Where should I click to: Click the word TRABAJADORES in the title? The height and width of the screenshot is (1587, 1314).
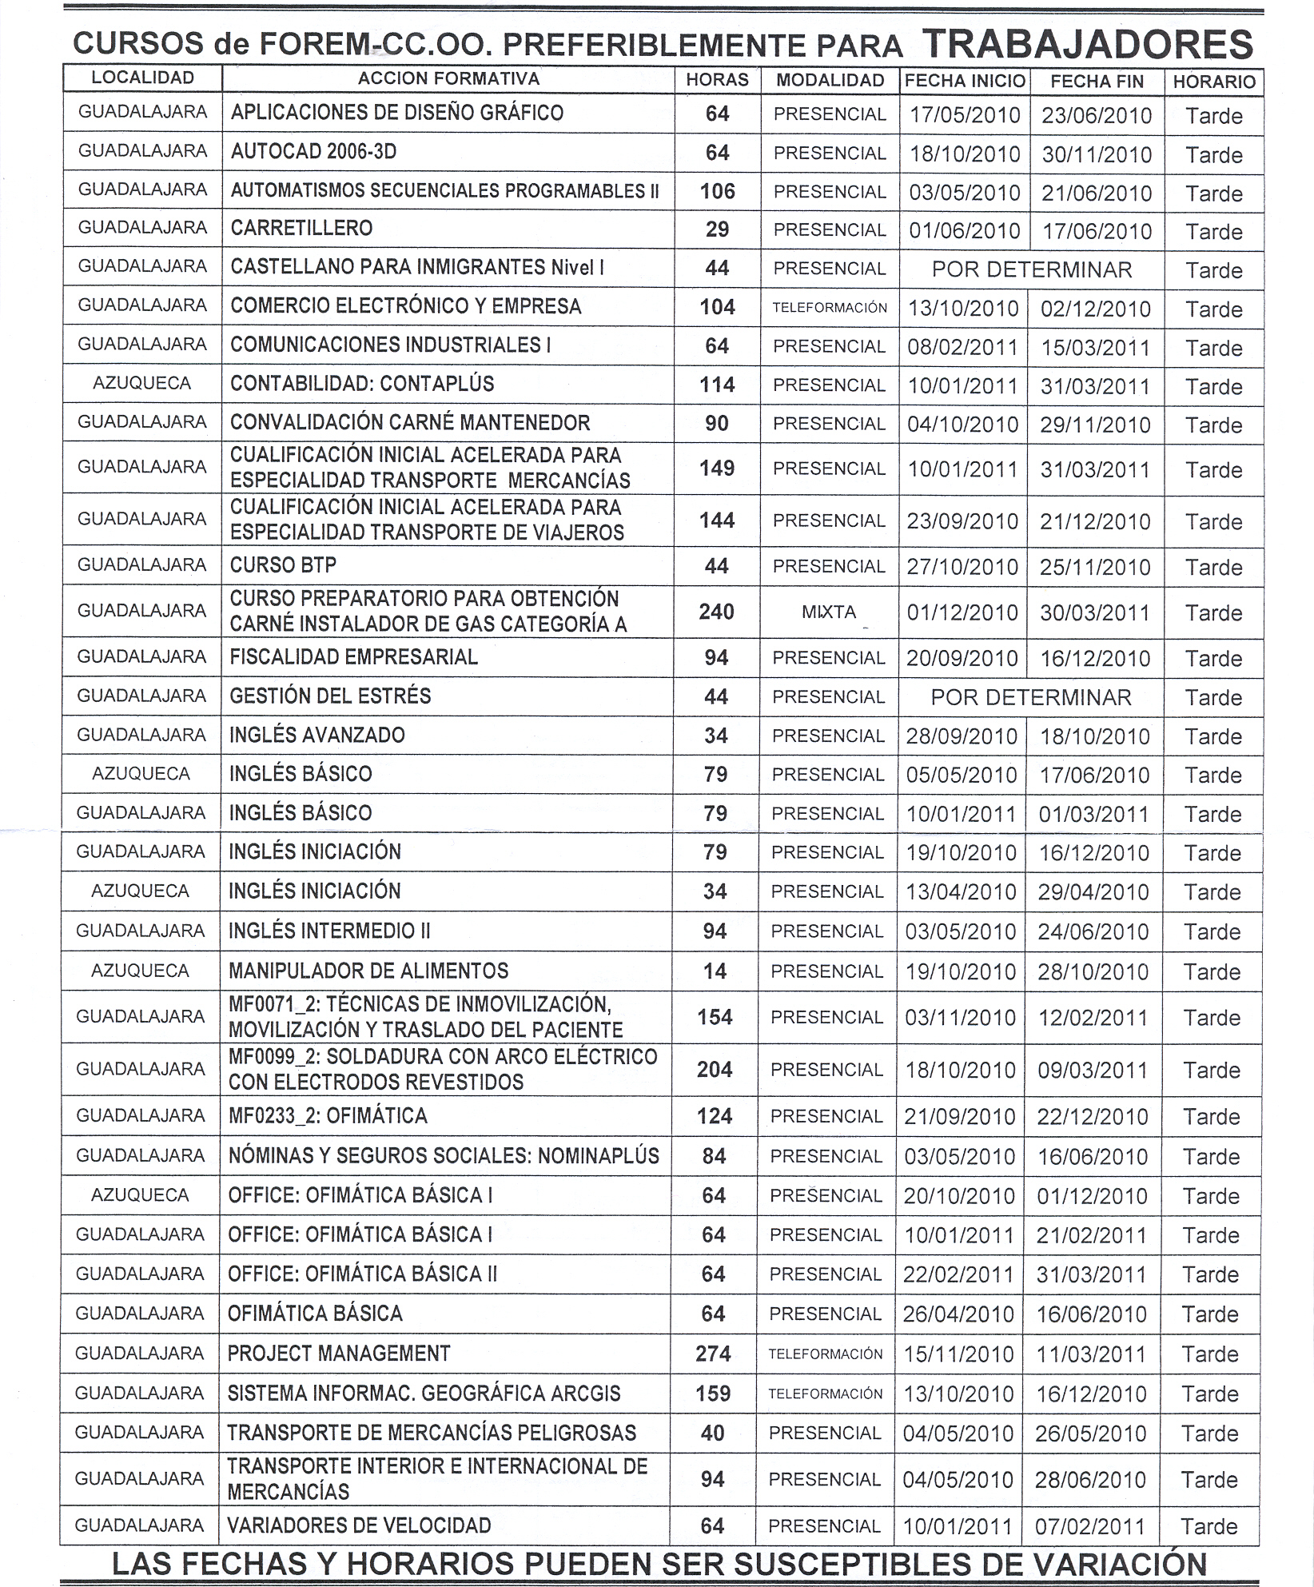point(1087,45)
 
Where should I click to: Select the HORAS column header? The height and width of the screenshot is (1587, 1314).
point(717,80)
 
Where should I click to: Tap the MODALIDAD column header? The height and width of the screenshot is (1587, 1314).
point(830,81)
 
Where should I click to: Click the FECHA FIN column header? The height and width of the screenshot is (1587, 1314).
point(1097,82)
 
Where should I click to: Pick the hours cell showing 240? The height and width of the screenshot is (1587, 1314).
point(716,612)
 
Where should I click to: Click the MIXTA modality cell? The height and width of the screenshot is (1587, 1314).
point(829,612)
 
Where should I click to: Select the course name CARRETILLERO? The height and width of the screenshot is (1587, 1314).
point(301,229)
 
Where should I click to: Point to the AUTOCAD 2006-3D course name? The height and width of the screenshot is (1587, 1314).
point(313,152)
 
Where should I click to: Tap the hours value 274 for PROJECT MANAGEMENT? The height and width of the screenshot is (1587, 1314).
point(713,1354)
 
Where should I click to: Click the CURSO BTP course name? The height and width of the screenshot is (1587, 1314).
point(283,565)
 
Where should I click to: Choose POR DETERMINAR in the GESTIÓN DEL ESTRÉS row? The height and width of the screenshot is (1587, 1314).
point(1031,697)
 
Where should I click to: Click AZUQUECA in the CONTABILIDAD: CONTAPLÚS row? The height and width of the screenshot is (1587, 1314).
point(141,384)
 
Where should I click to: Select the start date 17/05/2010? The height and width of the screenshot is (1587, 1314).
point(965,115)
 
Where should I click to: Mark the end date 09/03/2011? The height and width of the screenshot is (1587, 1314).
point(1093,1070)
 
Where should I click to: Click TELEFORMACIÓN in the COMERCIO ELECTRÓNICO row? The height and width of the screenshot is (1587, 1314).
point(830,308)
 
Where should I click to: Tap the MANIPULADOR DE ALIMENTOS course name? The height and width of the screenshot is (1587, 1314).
point(368,971)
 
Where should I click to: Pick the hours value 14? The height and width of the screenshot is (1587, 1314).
point(715,971)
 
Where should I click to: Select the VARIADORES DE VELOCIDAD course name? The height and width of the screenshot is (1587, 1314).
point(359,1525)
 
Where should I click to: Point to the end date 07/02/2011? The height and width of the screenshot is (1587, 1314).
point(1090,1526)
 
